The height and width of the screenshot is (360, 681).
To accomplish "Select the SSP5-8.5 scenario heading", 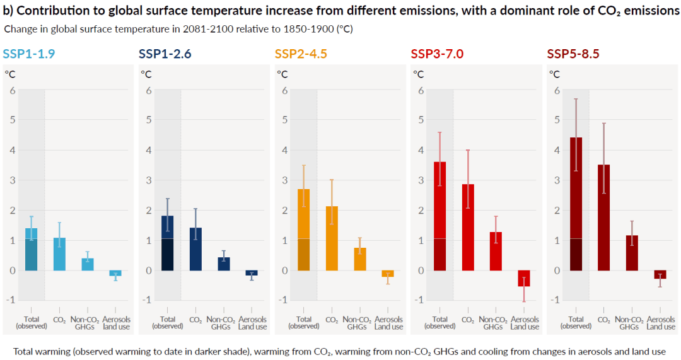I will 573,54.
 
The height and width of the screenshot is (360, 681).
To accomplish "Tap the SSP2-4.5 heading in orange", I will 301,54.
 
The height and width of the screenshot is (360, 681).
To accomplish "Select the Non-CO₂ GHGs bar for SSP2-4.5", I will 360,259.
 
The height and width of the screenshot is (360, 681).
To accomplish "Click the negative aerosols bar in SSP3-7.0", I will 524,278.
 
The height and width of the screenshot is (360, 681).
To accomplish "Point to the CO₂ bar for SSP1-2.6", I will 195,249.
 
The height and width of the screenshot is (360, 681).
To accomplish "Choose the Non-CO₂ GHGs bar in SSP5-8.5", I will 632,253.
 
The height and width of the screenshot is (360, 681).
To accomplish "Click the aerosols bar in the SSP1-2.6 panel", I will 252,273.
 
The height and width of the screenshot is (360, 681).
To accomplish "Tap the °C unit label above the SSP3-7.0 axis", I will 418,74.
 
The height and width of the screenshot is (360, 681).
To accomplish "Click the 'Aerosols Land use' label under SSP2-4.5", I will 388,323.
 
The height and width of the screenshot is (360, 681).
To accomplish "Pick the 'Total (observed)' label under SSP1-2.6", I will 168,323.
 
